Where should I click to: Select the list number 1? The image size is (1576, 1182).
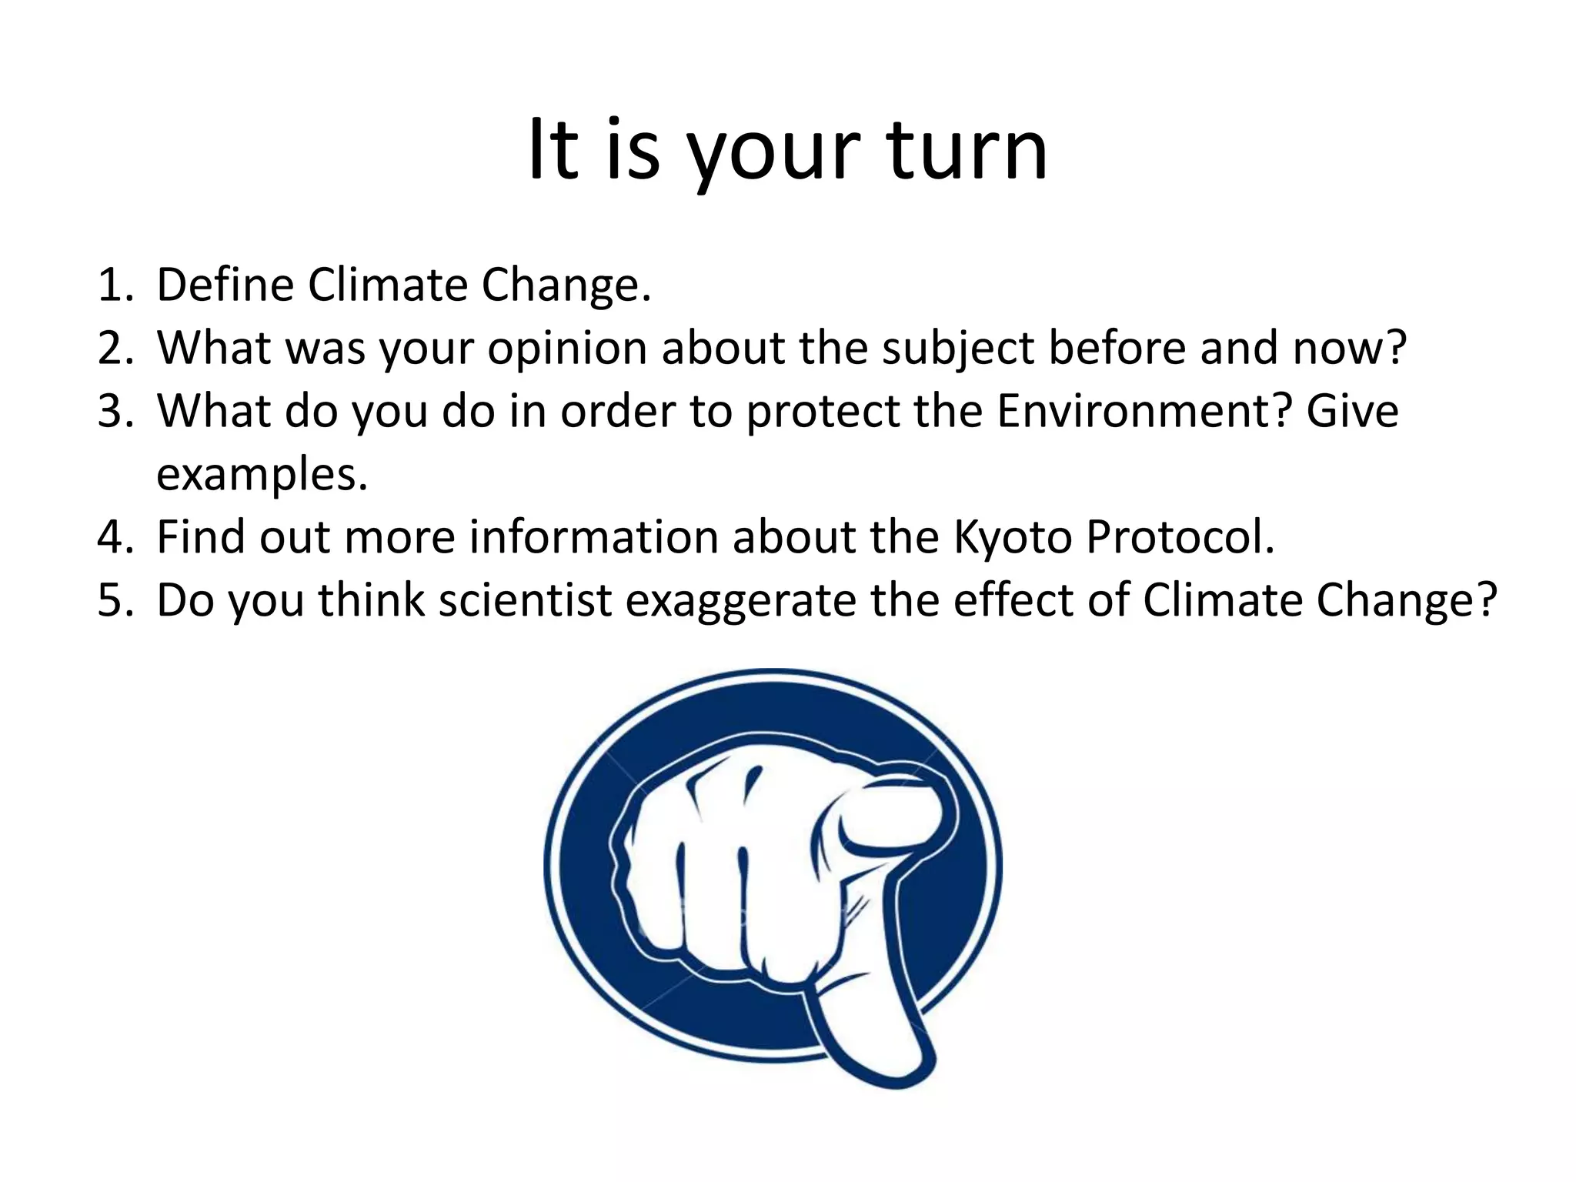[x=115, y=285]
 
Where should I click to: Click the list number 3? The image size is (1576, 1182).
[x=115, y=412]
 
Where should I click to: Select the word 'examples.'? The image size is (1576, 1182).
[x=262, y=475]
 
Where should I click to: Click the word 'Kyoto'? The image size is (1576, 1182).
[x=1012, y=537]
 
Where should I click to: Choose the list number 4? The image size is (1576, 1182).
[x=115, y=537]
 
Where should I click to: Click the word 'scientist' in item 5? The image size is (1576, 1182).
[x=525, y=600]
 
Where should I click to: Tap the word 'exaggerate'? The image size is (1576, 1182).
[x=740, y=602]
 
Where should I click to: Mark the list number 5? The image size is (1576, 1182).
[x=115, y=600]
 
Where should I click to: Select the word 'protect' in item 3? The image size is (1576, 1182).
[x=823, y=412]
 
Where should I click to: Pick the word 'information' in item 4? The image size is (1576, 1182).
[x=594, y=537]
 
